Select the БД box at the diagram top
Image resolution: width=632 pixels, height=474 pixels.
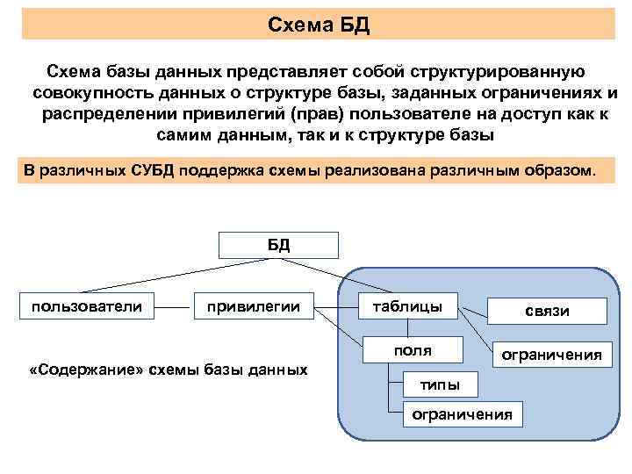278,245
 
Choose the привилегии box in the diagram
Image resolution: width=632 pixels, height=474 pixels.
253,306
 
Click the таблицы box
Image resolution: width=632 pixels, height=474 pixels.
407,306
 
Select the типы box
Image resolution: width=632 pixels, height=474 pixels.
438,384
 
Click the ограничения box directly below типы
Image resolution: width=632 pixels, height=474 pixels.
462,413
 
